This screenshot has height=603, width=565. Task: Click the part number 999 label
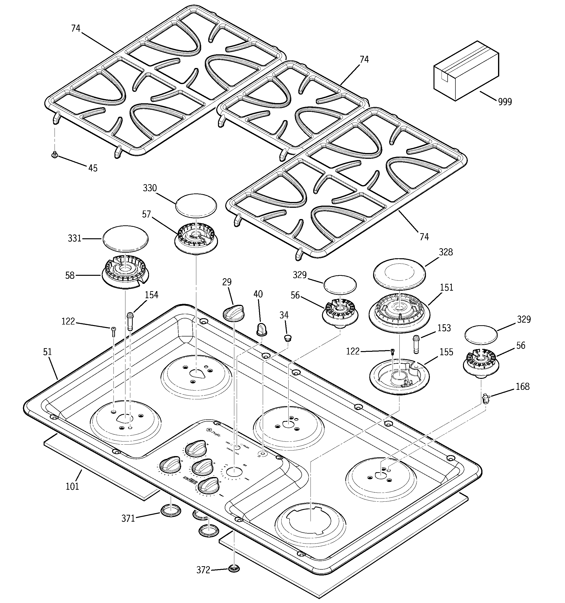(x=505, y=102)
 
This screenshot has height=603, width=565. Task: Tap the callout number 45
(x=93, y=168)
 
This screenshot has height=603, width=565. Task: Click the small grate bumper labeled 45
(x=55, y=155)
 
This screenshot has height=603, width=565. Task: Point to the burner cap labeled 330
(x=196, y=205)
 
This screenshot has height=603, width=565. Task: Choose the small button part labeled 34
(x=287, y=338)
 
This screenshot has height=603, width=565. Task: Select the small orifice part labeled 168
(x=486, y=399)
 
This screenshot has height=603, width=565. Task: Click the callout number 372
(x=203, y=570)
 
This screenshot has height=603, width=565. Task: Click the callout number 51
(x=48, y=352)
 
